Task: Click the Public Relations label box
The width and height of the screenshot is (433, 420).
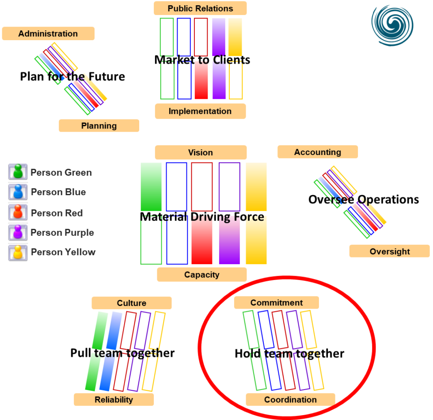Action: [200, 8]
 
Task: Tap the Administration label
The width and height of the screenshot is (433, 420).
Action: [48, 34]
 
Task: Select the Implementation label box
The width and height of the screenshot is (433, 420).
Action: [200, 111]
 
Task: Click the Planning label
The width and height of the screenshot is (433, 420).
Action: [99, 125]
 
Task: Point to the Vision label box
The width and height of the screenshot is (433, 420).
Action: [201, 152]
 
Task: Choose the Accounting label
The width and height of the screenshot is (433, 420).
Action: [318, 152]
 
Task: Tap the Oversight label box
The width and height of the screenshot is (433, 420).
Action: [390, 251]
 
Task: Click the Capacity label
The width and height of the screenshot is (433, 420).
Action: [201, 275]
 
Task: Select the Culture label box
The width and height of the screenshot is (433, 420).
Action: [132, 303]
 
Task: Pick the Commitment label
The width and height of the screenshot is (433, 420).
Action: [277, 303]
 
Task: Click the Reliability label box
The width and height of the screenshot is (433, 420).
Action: [114, 399]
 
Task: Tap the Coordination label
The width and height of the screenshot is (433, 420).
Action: [290, 399]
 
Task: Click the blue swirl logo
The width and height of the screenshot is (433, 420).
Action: [392, 25]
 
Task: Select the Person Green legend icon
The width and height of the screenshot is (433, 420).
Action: [18, 172]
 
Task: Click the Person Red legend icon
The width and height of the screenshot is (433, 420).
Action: [18, 212]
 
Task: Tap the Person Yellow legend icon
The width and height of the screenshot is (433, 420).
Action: [18, 253]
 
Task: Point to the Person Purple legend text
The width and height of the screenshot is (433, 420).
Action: [62, 233]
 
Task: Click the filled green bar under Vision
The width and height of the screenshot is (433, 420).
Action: [151, 187]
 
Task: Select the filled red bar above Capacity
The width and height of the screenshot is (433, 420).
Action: [202, 240]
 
